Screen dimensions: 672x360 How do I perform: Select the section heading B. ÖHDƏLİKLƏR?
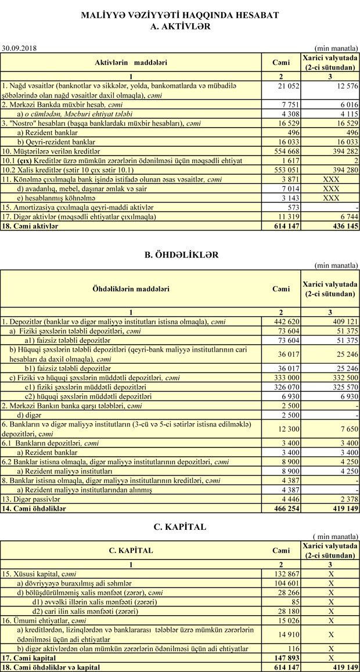tap(180, 254)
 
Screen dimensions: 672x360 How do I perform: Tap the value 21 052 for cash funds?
tap(287, 86)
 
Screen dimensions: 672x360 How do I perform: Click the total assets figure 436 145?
tap(342, 226)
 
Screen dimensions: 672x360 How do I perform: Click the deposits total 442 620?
tap(285, 321)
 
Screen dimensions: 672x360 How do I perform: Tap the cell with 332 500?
tap(342, 378)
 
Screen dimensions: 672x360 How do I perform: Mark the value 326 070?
tap(285, 386)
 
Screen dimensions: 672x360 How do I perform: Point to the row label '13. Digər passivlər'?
tap(31, 500)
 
